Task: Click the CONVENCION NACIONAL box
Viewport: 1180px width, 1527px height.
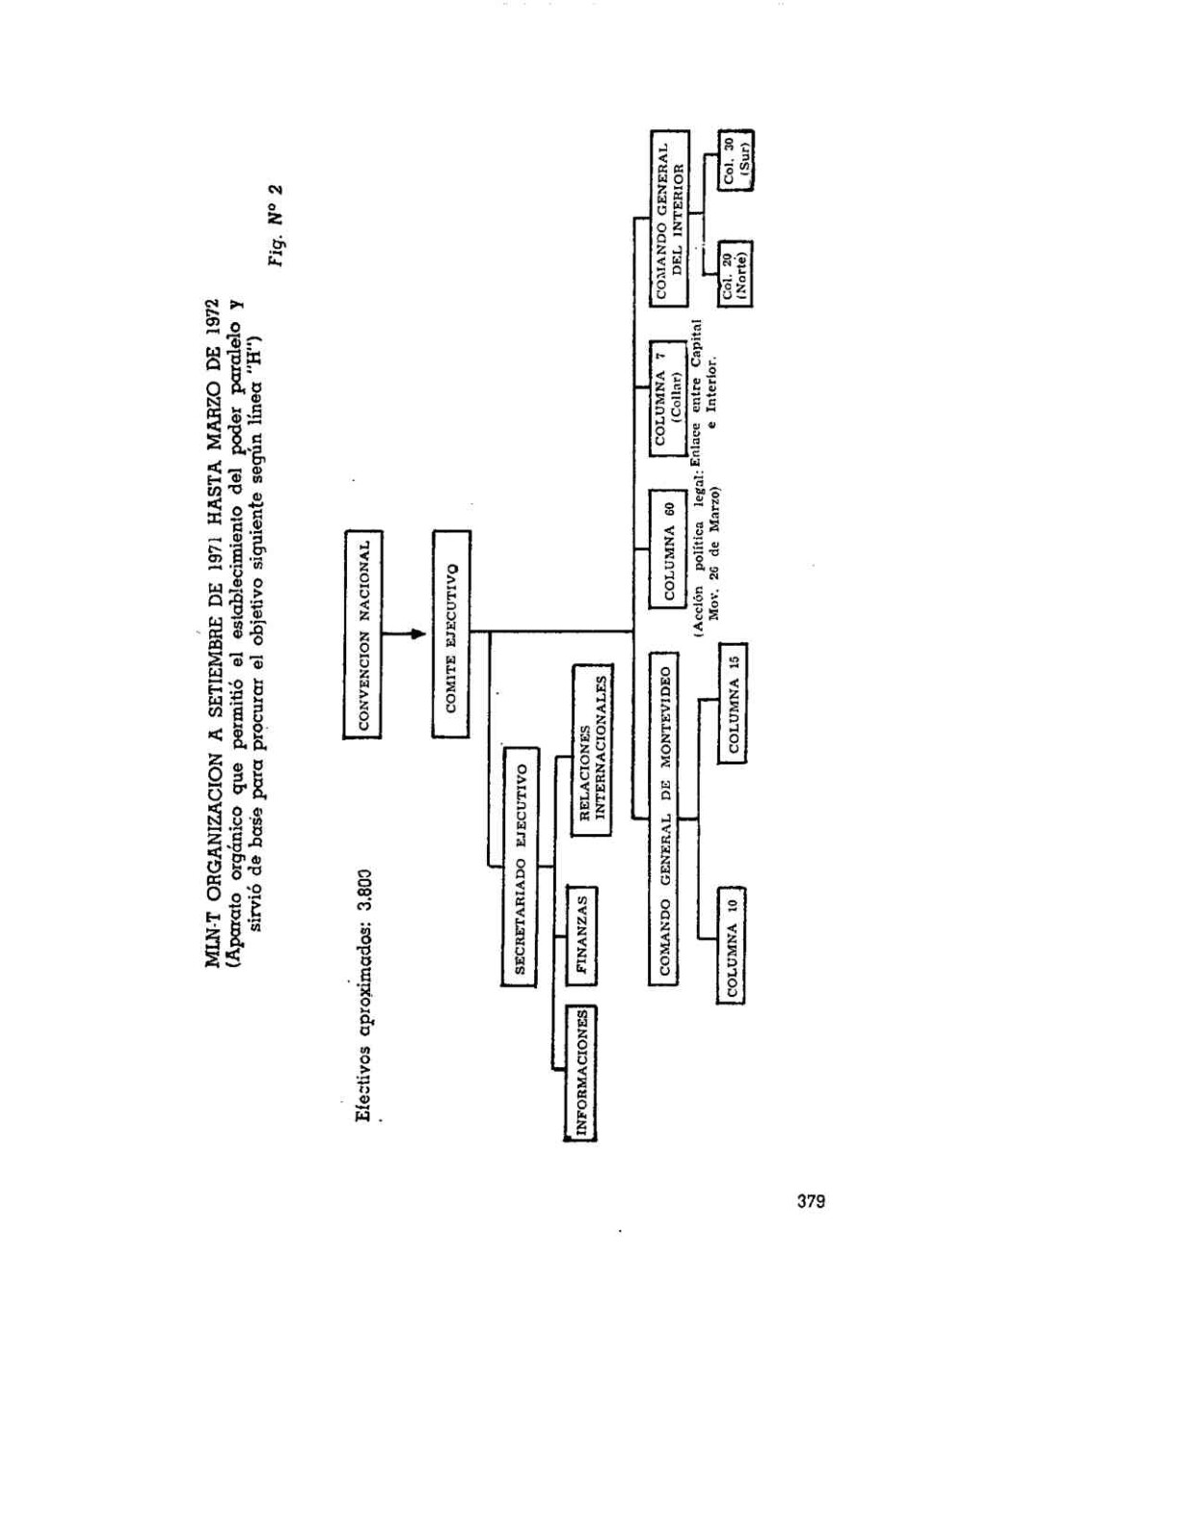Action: coord(362,634)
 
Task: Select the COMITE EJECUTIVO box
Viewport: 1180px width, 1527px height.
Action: coord(451,634)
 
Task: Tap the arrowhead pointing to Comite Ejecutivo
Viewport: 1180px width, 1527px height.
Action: coord(418,634)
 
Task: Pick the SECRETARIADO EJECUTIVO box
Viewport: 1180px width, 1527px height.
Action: coord(520,867)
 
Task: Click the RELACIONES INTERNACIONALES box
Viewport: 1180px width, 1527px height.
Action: coord(592,750)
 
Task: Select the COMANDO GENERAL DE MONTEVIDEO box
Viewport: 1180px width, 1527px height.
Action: coord(664,817)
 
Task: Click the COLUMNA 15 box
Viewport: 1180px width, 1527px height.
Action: coord(733,703)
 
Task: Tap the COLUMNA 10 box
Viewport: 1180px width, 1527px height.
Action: coord(732,945)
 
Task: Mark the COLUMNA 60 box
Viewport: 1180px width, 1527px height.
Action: coord(668,548)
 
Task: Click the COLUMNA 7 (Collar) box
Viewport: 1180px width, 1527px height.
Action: coord(668,398)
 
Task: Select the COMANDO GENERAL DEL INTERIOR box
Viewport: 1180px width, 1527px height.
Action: coord(669,218)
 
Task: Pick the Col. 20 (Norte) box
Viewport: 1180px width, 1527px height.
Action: coord(736,274)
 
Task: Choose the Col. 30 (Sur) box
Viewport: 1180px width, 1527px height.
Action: coord(736,160)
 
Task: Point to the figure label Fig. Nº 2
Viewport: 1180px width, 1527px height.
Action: coord(276,225)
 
